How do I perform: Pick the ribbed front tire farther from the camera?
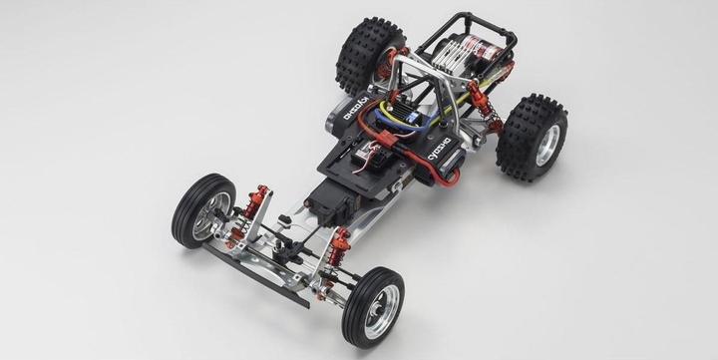202,210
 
